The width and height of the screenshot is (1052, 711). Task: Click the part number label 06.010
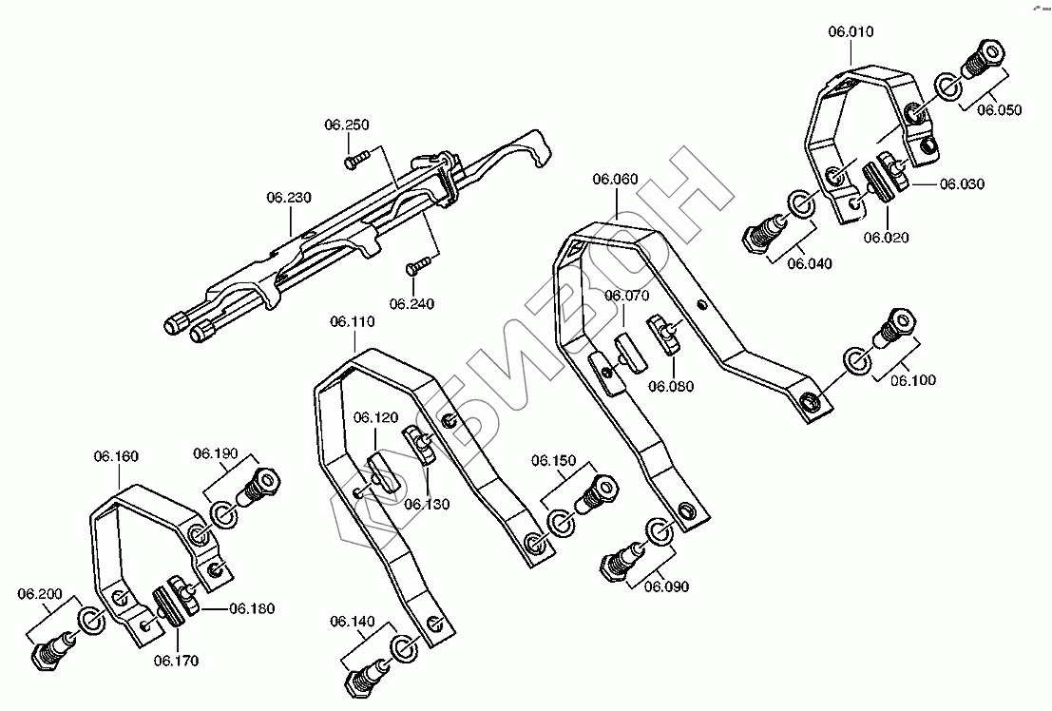point(850,32)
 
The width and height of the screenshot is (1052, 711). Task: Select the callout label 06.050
point(999,110)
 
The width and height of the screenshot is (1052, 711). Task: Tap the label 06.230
point(288,198)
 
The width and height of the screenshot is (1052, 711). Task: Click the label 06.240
point(411,304)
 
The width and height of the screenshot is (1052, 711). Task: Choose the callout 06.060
point(615,179)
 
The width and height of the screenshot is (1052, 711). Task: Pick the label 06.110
point(353,323)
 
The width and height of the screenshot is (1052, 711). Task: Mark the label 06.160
point(116,456)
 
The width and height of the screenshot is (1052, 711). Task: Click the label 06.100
point(913,380)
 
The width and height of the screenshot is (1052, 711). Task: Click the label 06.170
point(176,660)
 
